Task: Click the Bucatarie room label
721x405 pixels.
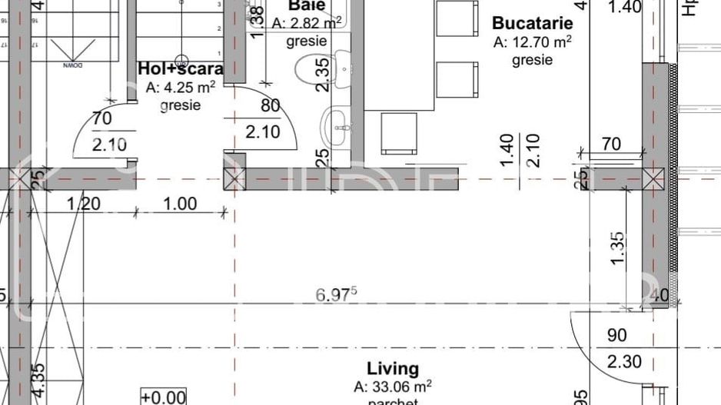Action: pos(533,23)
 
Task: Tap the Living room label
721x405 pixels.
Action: pos(392,369)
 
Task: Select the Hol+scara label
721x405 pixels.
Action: pos(181,68)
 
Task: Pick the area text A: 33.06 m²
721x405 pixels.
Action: pos(392,387)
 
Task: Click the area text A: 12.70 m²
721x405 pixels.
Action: pos(533,42)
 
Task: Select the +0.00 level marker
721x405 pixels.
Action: pos(163,397)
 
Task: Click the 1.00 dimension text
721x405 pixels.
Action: pos(179,204)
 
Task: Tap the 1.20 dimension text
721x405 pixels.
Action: pos(84,204)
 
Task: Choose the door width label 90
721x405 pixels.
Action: pos(616,336)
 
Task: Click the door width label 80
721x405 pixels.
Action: pos(271,106)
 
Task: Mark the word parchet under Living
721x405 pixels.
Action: pos(392,401)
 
